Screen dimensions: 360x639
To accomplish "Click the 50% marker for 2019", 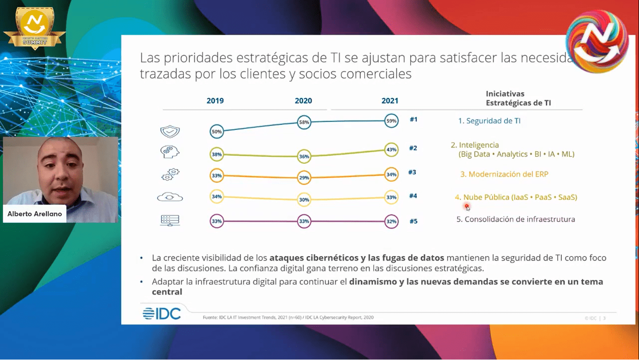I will click(217, 132).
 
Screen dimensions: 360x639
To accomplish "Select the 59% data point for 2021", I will click(391, 121).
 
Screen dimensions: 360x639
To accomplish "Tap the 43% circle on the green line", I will click(391, 150).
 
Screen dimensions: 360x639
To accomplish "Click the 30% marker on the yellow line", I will click(304, 200).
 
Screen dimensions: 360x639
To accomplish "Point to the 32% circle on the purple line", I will click(391, 221).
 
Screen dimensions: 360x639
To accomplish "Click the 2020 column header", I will click(303, 101).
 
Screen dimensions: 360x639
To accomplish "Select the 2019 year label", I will click(215, 101).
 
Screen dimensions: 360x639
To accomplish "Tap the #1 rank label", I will click(413, 119).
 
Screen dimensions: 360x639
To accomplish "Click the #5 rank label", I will click(413, 221).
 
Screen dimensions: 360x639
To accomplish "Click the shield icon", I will click(170, 132).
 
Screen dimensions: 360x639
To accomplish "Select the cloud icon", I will click(170, 197).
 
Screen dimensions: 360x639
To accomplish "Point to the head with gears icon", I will click(170, 152).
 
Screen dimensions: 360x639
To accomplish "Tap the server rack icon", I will click(170, 220).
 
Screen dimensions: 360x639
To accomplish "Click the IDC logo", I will click(162, 314).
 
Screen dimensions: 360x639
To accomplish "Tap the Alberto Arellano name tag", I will click(35, 214).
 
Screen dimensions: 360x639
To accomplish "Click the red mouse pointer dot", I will click(466, 206).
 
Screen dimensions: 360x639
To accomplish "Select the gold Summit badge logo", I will click(35, 28).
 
